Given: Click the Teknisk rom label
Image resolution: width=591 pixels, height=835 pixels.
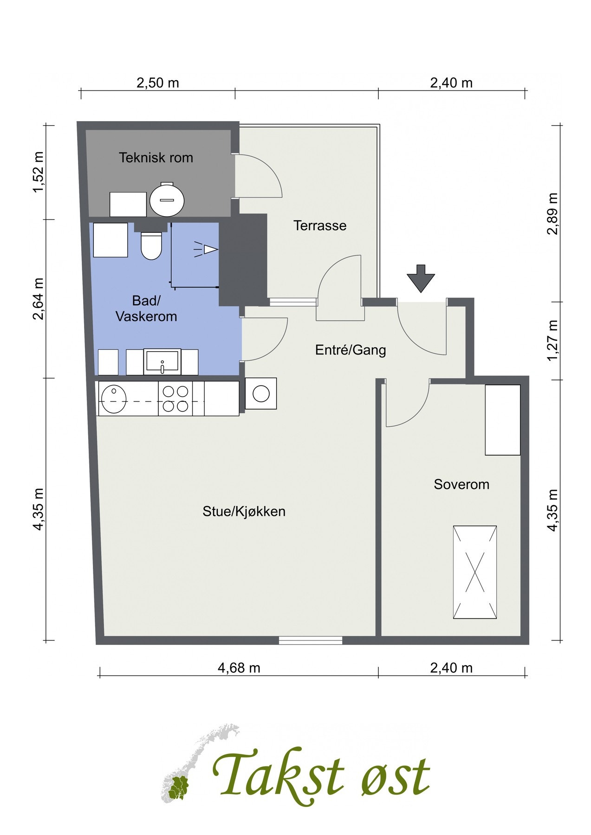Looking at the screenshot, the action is (156, 158).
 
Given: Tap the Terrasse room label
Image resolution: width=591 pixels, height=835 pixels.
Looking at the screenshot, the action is (320, 226).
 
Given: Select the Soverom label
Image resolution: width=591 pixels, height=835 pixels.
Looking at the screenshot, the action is (461, 485).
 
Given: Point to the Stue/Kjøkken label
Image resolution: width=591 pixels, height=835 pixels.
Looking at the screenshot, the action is (244, 512).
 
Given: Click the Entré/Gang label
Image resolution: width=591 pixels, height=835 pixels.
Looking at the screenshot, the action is (351, 350).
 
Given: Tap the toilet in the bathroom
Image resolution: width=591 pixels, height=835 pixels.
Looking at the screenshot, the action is (151, 245).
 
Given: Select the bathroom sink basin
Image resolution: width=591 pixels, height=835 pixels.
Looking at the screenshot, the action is (162, 362).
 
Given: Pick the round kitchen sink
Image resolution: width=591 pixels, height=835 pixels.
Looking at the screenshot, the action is (114, 399).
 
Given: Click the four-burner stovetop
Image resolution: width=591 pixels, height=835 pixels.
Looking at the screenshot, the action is (175, 398).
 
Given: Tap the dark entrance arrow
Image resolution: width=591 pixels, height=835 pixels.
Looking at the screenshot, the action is (421, 278).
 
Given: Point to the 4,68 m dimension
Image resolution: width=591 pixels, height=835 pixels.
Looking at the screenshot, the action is (239, 668).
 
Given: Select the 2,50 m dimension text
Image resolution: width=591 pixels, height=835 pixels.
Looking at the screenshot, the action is (157, 83).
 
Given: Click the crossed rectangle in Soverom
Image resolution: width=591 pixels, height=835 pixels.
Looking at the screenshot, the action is (475, 572).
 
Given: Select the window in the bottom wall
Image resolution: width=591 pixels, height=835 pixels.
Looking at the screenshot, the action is (311, 641).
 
